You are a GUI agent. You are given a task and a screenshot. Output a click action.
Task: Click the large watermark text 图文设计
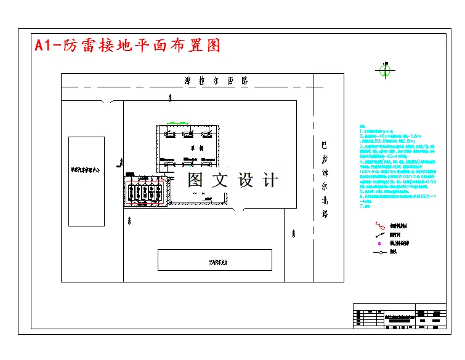coord(232,180)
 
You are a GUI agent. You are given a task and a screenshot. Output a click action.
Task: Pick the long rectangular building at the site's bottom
coord(214,260)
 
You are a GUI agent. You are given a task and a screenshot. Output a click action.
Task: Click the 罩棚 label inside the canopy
coord(193,148)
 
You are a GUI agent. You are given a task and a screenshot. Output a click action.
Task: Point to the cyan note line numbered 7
coord(363,206)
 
